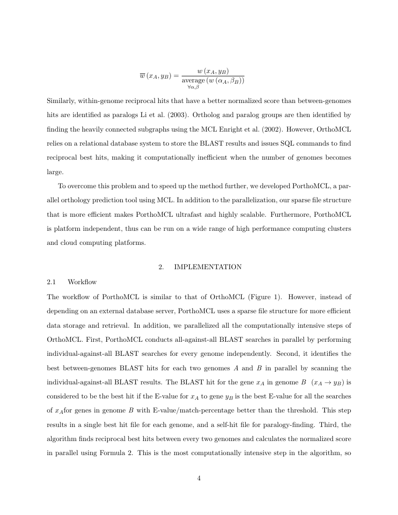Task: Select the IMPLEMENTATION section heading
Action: pyautogui.click(x=207, y=267)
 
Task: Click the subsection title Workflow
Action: pyautogui.click(x=82, y=282)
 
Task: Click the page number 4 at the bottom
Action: pyautogui.click(x=199, y=478)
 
